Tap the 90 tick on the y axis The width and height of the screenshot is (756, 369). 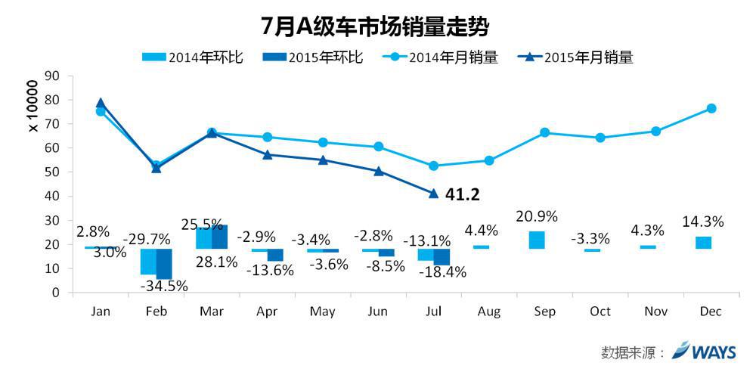[x=52, y=76]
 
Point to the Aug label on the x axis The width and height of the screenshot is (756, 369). [x=489, y=312]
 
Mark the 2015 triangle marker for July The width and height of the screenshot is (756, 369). [x=433, y=194]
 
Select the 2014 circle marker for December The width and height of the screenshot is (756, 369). [x=711, y=109]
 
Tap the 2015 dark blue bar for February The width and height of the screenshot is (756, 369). [x=164, y=263]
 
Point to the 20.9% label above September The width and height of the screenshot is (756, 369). [x=536, y=216]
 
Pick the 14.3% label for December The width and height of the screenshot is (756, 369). [x=702, y=222]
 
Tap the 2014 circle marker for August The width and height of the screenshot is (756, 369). [x=489, y=160]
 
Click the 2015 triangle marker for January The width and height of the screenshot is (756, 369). [x=101, y=103]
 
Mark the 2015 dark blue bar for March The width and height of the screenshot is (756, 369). [x=220, y=237]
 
